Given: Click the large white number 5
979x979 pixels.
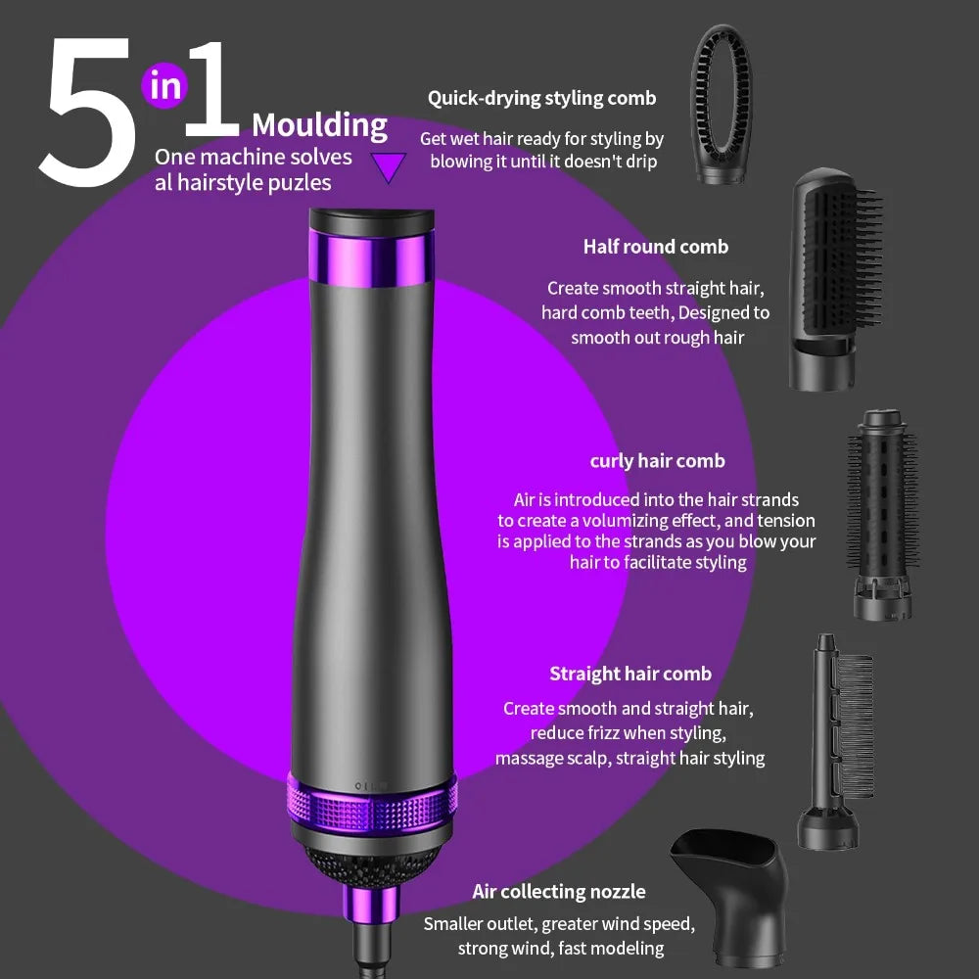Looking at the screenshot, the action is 87,113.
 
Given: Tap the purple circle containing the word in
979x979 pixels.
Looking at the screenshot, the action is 164,85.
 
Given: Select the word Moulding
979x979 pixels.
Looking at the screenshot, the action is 319,126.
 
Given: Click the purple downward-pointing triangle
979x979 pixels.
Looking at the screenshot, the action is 389,167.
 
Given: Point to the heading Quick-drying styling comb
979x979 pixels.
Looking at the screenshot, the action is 542,98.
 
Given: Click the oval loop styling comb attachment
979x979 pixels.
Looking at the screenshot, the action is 722,104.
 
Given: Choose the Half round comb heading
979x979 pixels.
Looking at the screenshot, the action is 656,247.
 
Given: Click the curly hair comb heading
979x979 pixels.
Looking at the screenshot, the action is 658,461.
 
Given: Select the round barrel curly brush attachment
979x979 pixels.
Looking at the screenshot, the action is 882,515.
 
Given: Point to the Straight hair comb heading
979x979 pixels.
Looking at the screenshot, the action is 630,674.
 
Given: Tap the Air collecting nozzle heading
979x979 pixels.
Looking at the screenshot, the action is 559,892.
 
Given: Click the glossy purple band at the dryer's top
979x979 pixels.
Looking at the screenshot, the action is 371,257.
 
